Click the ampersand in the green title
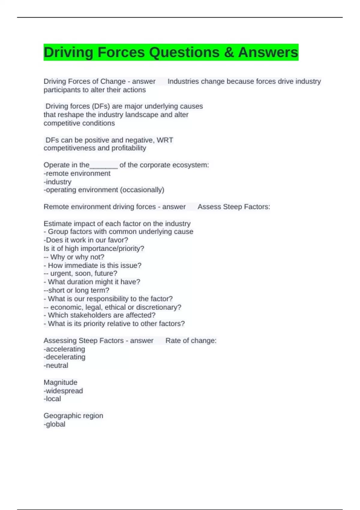(229, 52)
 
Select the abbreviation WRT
(165, 140)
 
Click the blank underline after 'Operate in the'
(104, 165)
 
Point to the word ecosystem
(190, 165)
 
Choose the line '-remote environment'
(77, 173)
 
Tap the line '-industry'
(58, 182)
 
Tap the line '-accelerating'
(64, 349)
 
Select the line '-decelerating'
(64, 357)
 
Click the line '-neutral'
(56, 365)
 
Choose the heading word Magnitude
(60, 382)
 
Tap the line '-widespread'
(63, 391)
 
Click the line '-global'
(55, 424)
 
